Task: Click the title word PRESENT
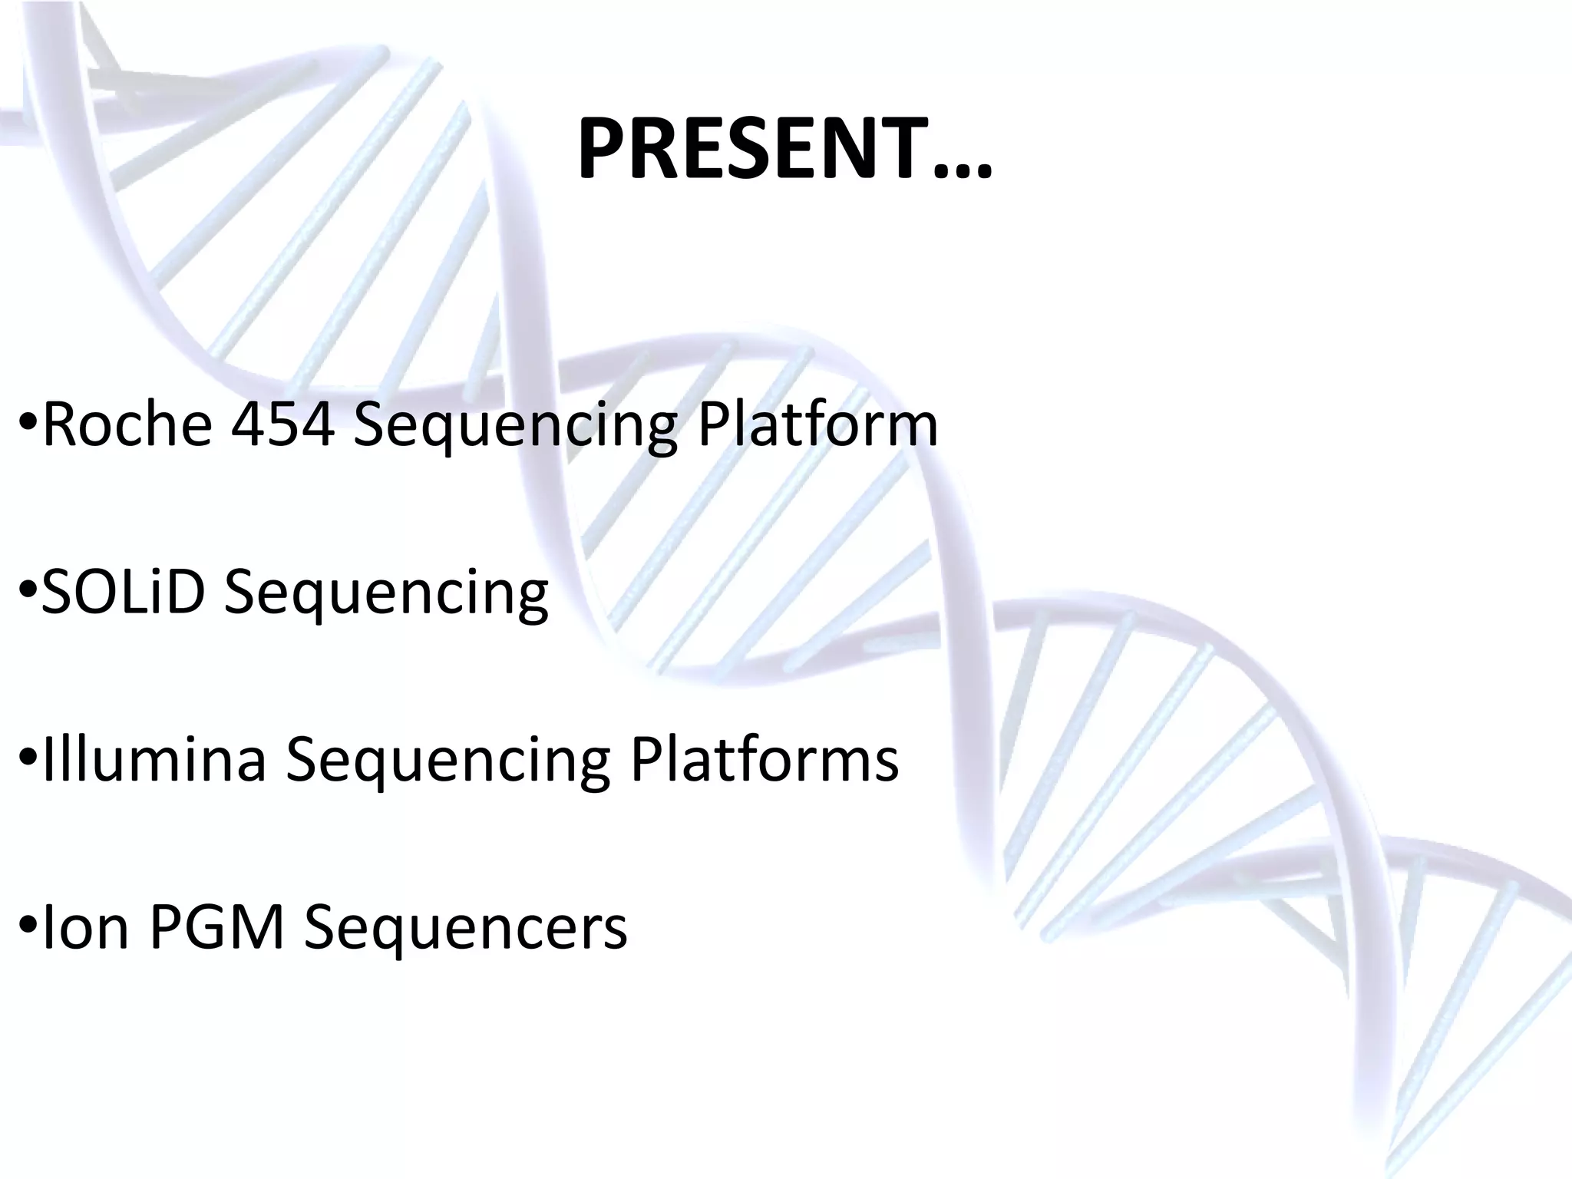[752, 150]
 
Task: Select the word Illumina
[154, 760]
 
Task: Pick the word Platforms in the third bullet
[764, 760]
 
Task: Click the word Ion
[85, 927]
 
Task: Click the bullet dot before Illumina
[28, 760]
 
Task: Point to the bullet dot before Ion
[28, 927]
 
